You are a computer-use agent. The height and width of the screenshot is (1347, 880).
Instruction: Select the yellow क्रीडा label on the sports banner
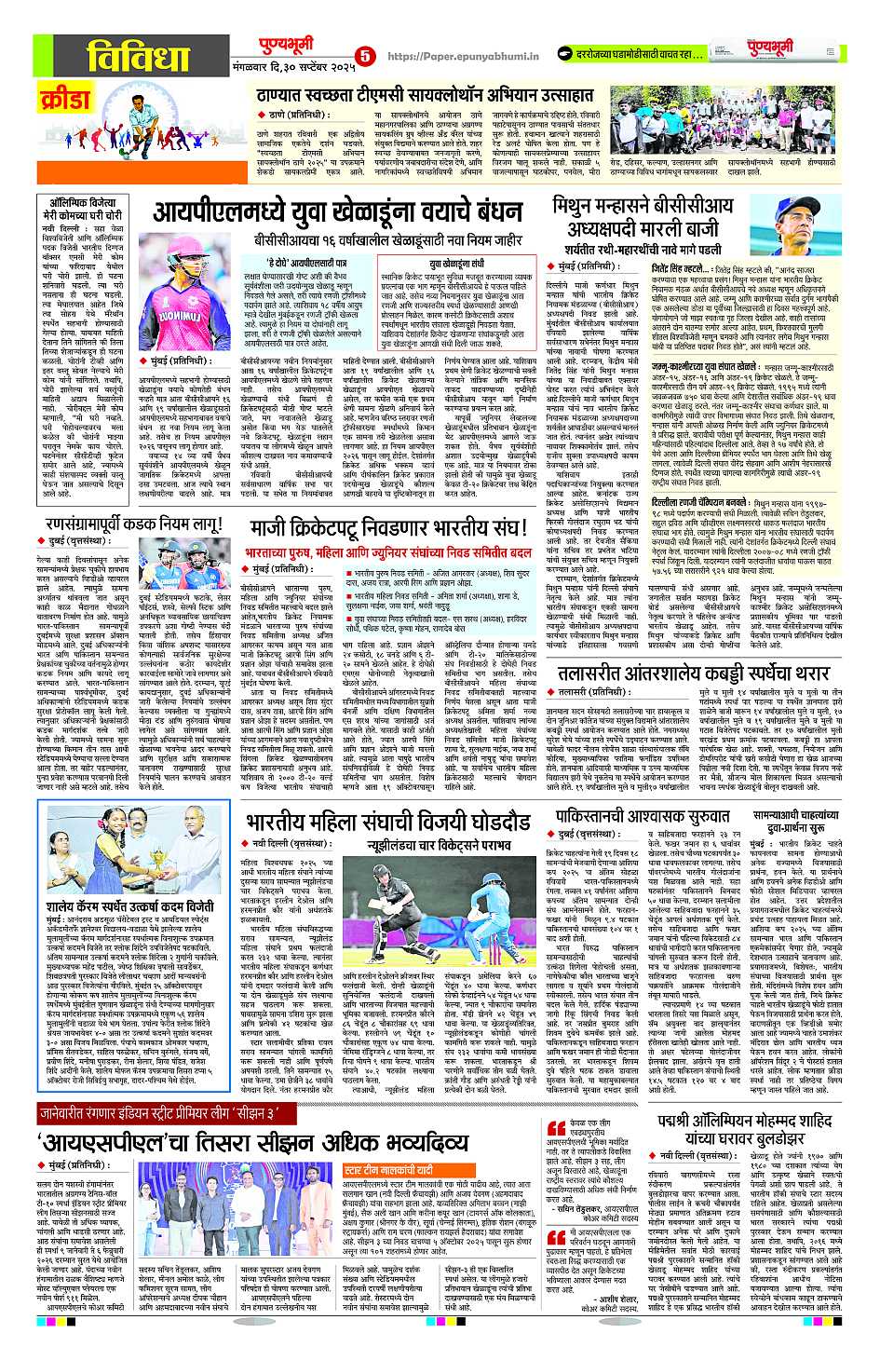click(65, 98)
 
